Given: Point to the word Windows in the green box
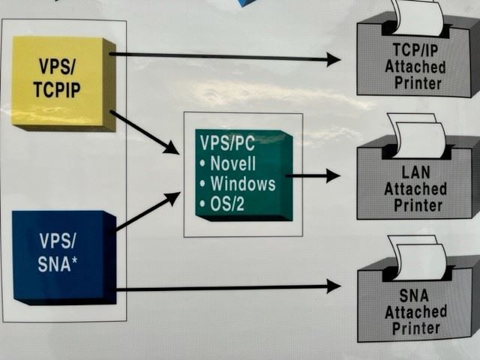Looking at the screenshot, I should (242, 183).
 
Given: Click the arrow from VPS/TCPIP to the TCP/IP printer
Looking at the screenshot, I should (225, 56).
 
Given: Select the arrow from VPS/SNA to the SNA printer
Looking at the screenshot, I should (225, 286).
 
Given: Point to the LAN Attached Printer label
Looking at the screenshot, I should (415, 188).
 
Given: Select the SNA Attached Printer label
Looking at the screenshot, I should (415, 310).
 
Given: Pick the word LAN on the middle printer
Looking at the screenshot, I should (415, 175).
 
